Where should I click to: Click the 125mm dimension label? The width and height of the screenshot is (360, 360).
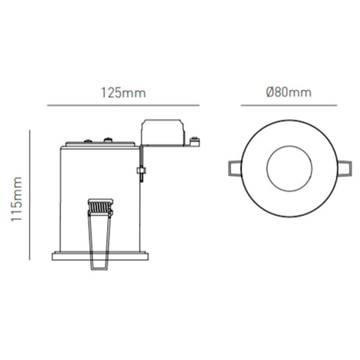(x=123, y=93)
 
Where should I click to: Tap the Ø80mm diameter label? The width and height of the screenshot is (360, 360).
(x=289, y=92)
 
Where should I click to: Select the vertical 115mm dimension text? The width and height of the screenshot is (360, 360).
(x=16, y=199)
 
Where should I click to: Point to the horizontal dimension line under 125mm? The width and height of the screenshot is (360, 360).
(x=123, y=106)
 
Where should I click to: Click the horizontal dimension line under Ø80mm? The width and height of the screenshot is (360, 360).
(x=289, y=106)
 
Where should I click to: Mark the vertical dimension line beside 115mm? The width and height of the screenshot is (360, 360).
(x=30, y=195)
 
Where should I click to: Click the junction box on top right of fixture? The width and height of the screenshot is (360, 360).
(x=163, y=132)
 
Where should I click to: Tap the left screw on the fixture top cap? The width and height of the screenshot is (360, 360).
(x=88, y=141)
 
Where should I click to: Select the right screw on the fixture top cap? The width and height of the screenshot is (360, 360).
(x=108, y=140)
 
